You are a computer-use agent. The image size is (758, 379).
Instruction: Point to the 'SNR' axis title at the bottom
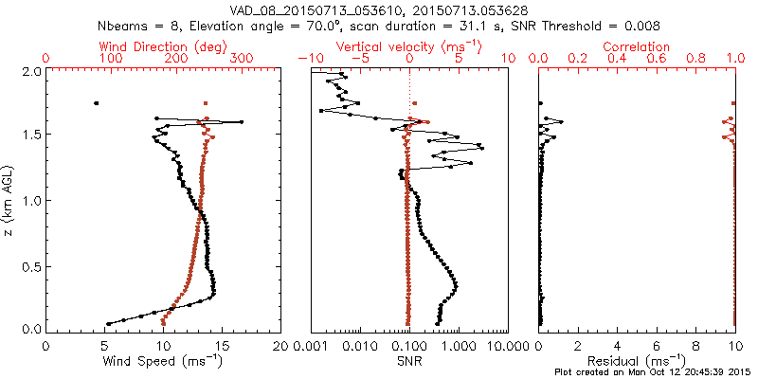point(408,361)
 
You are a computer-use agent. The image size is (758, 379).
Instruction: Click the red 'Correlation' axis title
point(638,46)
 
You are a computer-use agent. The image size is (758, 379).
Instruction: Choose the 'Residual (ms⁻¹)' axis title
point(638,362)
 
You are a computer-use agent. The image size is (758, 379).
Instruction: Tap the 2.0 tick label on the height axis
point(31,71)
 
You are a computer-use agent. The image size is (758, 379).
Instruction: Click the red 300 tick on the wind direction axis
point(243,59)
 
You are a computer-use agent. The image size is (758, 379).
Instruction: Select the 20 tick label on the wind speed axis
point(280,346)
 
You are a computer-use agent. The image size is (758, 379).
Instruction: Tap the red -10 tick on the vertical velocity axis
point(309,59)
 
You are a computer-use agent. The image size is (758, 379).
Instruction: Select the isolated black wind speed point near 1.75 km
point(96,103)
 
